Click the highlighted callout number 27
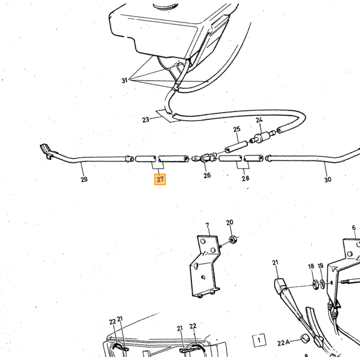pos(160,179)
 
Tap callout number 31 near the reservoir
pos(124,81)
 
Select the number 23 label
pos(146,120)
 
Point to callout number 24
pos(259,120)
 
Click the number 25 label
pos(237,129)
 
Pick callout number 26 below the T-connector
pos(207,175)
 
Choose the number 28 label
pos(245,178)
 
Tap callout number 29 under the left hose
pos(84,179)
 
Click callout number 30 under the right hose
pos(328,179)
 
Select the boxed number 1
pos(259,340)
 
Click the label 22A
pos(283,343)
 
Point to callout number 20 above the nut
pos(229,222)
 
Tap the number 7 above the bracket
pos(207,225)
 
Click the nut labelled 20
pos(233,240)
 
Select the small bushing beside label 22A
pos(304,339)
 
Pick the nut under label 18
pos(316,285)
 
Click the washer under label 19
pos(322,284)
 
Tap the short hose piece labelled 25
pos(236,148)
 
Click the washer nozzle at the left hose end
pos(46,151)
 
